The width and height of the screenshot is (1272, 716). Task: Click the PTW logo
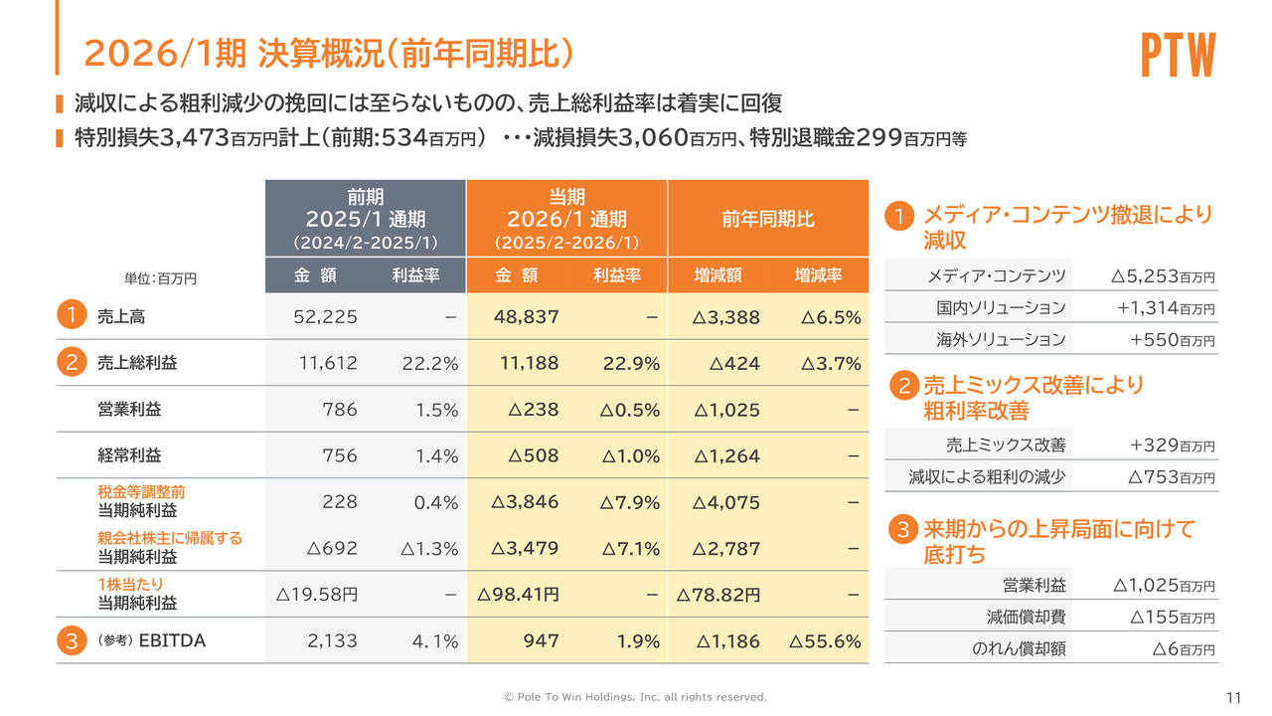tap(1178, 56)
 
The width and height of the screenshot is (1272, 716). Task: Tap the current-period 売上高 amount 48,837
tap(527, 317)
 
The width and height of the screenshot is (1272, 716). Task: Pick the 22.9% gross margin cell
tap(631, 364)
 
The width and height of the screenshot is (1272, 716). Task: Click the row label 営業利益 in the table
tap(129, 410)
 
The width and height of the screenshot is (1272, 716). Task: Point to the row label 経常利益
tap(129, 455)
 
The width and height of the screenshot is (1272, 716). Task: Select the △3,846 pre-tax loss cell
tap(525, 502)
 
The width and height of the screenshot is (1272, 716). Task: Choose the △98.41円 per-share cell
tap(518, 595)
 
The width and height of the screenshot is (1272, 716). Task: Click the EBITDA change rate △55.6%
tap(824, 641)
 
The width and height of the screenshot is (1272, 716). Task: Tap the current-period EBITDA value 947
tap(541, 641)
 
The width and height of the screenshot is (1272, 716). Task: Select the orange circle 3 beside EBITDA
tap(72, 641)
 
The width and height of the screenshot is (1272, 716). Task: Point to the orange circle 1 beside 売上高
tap(72, 317)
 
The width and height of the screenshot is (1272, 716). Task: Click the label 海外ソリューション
tap(1001, 339)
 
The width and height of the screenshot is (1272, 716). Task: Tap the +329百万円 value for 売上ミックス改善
tap(1172, 446)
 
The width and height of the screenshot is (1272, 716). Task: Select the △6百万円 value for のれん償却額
tap(1183, 649)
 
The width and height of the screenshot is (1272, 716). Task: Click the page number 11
tap(1235, 696)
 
